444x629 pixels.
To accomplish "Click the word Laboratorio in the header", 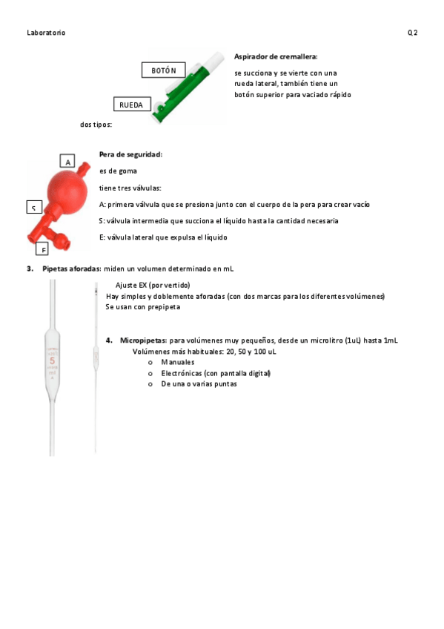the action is tap(46, 33).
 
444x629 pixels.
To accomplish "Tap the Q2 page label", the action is tap(412, 33).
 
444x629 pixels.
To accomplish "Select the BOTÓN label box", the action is tap(164, 70).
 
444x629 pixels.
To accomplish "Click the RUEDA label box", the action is tap(132, 104).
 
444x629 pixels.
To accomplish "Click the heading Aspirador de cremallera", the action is tap(276, 56).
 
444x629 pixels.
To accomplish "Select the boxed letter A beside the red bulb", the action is tap(67, 161).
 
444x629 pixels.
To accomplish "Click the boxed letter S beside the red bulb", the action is tap(34, 207).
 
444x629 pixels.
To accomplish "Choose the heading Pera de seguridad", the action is tap(130, 154).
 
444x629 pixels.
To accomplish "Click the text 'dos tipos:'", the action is tap(96, 125).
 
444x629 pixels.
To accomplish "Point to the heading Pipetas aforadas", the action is tap(72, 269).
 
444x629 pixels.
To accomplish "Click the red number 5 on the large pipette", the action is tap(52, 361).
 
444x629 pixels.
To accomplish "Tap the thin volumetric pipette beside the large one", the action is tap(96, 367).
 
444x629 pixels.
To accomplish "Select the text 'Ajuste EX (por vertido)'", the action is tap(153, 286).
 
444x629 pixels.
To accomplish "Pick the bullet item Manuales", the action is tap(177, 362).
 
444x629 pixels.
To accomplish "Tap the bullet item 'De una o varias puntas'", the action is tap(199, 384).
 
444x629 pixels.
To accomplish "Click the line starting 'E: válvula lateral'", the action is tap(163, 237).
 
